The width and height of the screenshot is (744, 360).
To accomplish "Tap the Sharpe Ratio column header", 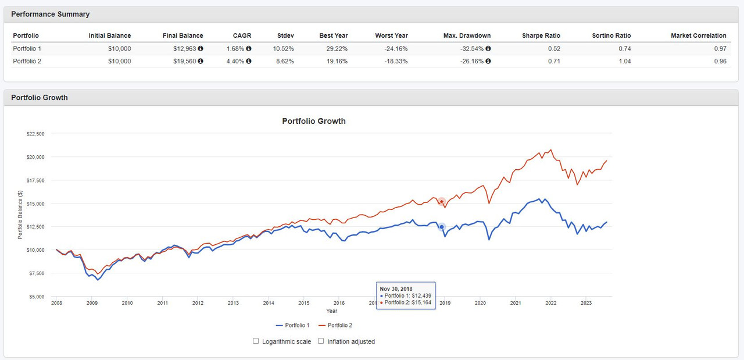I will pyautogui.click(x=541, y=35).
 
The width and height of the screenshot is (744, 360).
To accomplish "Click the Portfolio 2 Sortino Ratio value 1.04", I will pyautogui.click(x=624, y=61).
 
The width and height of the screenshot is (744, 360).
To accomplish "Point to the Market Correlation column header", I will pyautogui.click(x=698, y=35).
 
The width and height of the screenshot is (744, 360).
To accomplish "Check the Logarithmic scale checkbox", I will pyautogui.click(x=256, y=341).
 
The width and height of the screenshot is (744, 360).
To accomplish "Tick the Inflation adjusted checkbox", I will pyautogui.click(x=321, y=341).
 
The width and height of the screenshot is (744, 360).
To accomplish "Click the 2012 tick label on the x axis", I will pyautogui.click(x=198, y=303).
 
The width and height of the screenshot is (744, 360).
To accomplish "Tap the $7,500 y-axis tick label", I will pyautogui.click(x=35, y=273).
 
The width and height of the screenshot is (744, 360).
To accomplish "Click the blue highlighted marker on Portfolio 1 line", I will pyautogui.click(x=442, y=226).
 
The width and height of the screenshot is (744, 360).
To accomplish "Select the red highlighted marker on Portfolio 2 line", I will pyautogui.click(x=441, y=201).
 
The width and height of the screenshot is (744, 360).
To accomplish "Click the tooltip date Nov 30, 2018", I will pyautogui.click(x=396, y=288).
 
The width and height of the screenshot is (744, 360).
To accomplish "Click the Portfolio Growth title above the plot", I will pyautogui.click(x=314, y=122).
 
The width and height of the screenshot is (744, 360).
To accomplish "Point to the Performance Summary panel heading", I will pyautogui.click(x=51, y=14).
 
